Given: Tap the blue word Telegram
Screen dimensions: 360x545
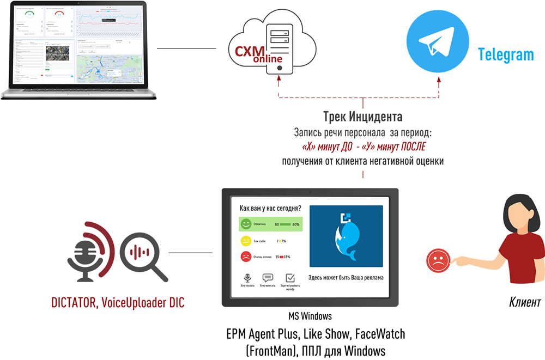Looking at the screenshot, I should (x=506, y=54).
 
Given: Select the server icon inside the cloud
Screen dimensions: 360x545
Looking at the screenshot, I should (x=280, y=46).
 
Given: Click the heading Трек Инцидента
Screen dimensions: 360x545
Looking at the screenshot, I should (x=362, y=117).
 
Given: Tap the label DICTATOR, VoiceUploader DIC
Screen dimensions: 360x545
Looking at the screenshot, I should (x=118, y=302).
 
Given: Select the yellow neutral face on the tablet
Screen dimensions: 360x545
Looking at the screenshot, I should (x=246, y=241).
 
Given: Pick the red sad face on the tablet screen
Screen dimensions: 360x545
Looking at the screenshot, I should (x=246, y=257).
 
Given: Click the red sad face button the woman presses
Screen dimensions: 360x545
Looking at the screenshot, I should (x=437, y=260).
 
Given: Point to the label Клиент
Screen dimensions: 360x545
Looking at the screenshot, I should (x=525, y=302).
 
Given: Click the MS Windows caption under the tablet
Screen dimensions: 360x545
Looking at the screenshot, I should (x=310, y=316).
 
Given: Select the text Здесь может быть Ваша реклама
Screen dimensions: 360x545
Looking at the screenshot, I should (x=346, y=278).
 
